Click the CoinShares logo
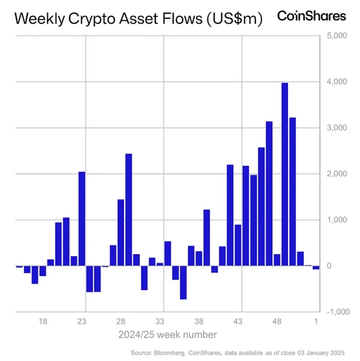click(311, 16)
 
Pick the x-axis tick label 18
click(43, 322)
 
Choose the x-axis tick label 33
click(160, 322)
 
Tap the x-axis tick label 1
click(316, 322)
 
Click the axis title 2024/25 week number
click(167, 335)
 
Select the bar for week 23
click(82, 219)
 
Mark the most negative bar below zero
click(183, 282)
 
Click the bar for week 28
click(121, 232)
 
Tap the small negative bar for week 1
click(316, 267)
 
